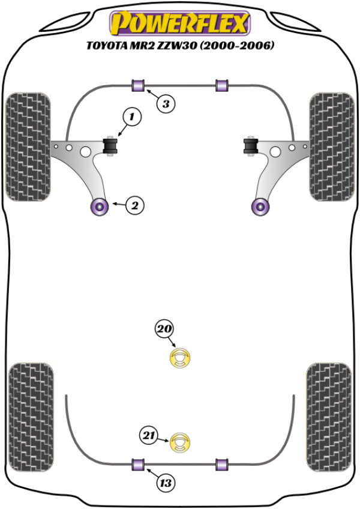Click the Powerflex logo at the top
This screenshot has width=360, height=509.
[178, 24]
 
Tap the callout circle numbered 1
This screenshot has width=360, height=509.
[132, 117]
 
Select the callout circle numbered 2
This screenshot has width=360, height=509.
[135, 206]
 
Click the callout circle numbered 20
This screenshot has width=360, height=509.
[165, 328]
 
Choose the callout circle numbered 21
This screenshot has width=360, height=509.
[149, 435]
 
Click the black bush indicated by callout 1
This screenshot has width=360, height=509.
[111, 146]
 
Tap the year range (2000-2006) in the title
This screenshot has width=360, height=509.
[239, 45]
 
